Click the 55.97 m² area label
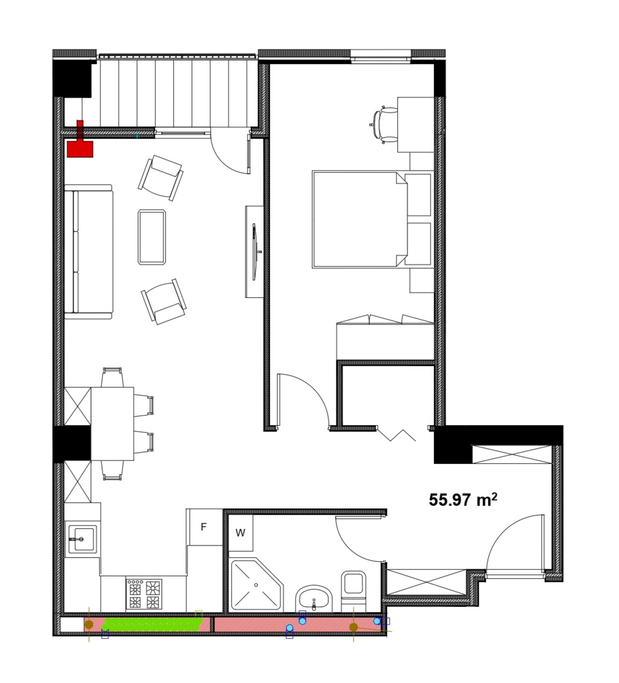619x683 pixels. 463,500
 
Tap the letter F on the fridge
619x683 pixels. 204,527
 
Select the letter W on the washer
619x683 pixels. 240,533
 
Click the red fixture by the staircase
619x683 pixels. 80,139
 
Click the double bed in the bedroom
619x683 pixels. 360,220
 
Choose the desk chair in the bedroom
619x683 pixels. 384,125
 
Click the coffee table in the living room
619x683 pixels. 152,237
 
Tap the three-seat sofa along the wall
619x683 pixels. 89,252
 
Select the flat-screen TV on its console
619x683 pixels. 255,251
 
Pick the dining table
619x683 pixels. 112,423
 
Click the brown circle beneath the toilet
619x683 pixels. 354,627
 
